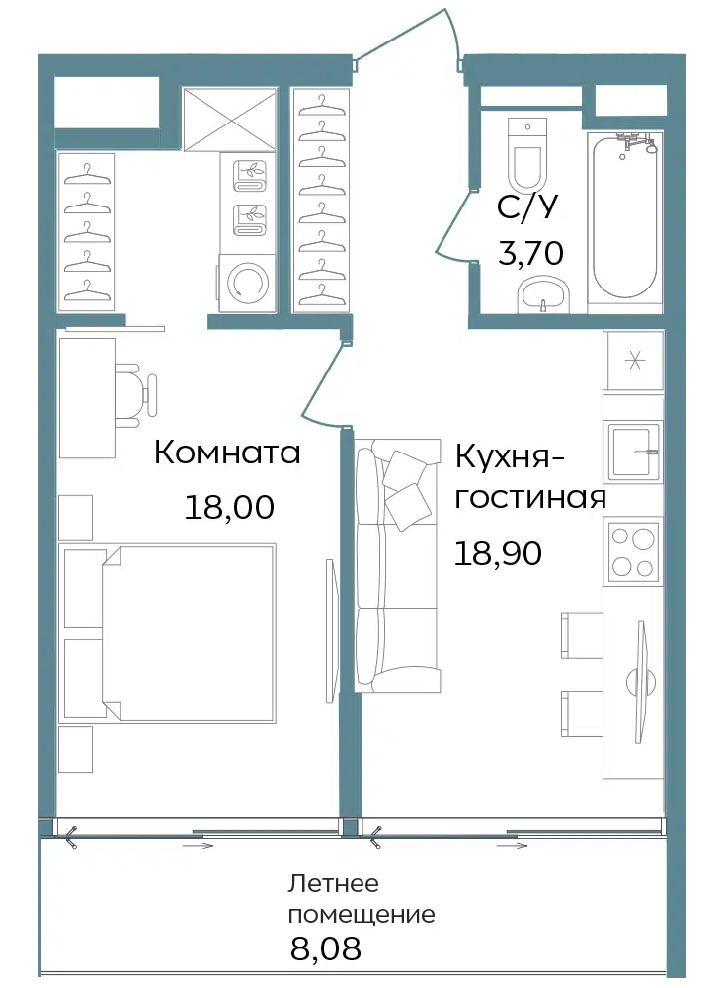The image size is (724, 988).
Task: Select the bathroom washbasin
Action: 544,296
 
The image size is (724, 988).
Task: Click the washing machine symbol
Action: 247,282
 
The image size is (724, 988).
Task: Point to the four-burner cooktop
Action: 633,551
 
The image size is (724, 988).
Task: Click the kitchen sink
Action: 634,449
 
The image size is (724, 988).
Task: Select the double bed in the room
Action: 168,633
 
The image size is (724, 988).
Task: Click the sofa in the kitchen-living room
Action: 397,565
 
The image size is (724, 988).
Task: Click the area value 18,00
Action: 229,507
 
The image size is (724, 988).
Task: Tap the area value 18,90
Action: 498,554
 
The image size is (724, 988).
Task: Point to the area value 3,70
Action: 530,253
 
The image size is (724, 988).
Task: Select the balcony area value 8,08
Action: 326,947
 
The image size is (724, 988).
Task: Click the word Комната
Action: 227,453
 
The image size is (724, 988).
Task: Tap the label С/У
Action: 527,206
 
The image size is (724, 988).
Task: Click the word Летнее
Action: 333,883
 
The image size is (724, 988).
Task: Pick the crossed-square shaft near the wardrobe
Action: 230,120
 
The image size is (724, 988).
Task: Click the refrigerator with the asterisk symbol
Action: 634,361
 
